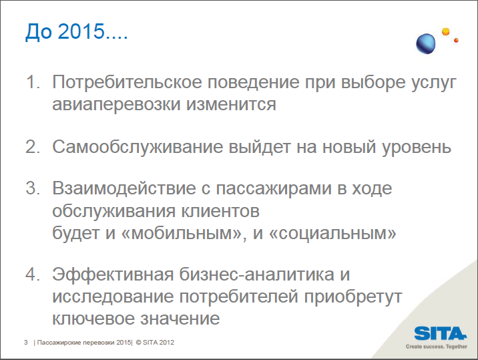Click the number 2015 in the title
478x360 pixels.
tap(81, 31)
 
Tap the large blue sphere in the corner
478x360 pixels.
tap(426, 44)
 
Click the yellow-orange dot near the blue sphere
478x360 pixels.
tap(446, 31)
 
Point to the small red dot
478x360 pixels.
tap(457, 40)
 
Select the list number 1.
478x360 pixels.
tap(33, 82)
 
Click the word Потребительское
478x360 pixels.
tap(127, 82)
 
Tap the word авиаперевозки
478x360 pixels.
tap(116, 104)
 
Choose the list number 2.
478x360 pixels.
tap(33, 147)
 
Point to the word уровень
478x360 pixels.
tap(417, 148)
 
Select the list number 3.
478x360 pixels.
tap(33, 188)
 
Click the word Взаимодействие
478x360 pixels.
tap(124, 188)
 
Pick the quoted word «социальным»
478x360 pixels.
tap(332, 233)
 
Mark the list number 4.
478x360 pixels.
tap(33, 274)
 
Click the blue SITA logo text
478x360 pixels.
tap(440, 333)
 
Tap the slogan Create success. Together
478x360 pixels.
tap(436, 347)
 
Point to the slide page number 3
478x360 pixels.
tap(26, 343)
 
